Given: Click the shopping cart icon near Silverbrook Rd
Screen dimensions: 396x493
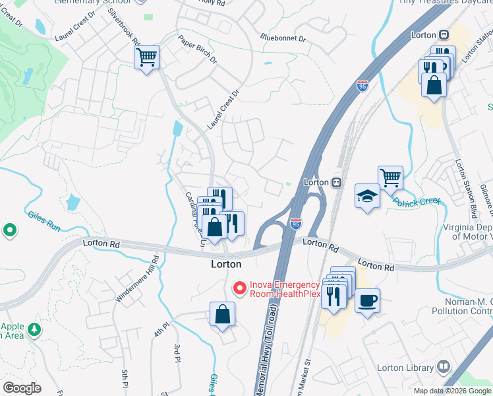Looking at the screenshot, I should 147,57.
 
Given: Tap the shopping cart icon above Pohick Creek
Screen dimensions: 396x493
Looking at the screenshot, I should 390,177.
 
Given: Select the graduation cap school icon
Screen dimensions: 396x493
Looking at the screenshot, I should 367,196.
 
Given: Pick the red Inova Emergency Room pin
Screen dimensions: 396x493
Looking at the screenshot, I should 239,288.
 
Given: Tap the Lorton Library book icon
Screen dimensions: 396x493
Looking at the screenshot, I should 444,367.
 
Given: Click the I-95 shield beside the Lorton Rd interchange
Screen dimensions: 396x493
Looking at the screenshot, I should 296,225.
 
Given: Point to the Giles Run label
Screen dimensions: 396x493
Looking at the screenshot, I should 43,220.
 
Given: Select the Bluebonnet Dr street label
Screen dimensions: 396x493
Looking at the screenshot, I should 283,39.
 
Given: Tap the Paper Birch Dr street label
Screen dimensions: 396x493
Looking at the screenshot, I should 198,49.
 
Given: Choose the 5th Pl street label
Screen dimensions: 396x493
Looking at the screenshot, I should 124,378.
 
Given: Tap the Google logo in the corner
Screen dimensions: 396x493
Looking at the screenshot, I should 22,388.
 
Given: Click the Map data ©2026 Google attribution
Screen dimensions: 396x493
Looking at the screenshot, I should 451,391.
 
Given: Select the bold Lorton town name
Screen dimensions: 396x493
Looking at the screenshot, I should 225,264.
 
